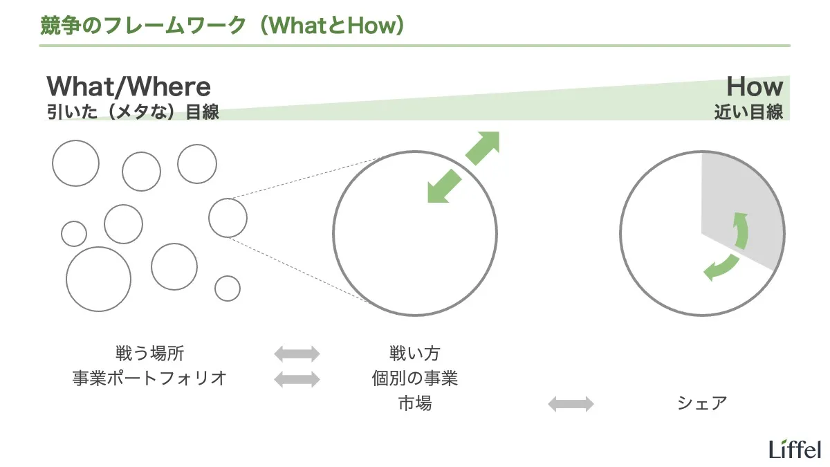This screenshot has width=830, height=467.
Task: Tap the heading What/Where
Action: (129, 87)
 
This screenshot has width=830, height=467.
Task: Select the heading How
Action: (754, 87)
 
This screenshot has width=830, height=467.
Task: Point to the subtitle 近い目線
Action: (748, 112)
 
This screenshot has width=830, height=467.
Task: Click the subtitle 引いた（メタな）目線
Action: (133, 112)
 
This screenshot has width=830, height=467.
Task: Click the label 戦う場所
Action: (150, 354)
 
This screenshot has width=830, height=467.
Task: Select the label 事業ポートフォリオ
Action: (149, 378)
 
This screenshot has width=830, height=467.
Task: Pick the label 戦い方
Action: (415, 354)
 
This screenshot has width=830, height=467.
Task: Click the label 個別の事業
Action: (415, 378)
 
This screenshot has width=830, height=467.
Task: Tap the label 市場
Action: (415, 403)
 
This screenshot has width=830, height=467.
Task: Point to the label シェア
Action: (703, 403)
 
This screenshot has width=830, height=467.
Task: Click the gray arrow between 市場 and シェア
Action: (571, 404)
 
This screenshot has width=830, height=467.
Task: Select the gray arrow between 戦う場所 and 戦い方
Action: (297, 354)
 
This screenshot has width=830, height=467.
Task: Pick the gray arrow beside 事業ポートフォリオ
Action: (297, 379)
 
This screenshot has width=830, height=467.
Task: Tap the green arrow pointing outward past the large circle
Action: (482, 148)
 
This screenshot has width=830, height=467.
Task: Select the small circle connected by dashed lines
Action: (228, 217)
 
